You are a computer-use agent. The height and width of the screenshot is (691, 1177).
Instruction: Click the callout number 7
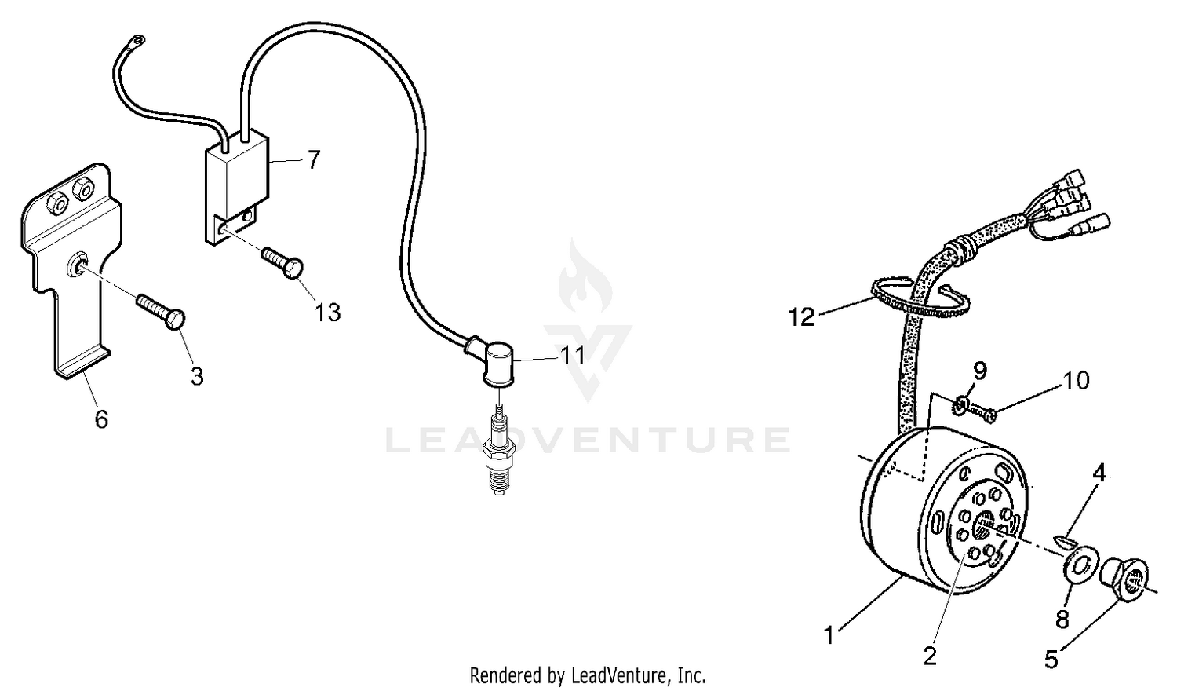click(314, 160)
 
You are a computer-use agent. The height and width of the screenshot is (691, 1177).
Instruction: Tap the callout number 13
click(328, 313)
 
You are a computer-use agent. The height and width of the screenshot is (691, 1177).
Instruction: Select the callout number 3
click(197, 377)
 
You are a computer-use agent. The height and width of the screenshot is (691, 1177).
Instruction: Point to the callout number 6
click(101, 419)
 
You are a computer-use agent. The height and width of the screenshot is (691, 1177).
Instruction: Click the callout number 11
click(573, 355)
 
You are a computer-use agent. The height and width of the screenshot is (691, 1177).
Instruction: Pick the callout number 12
click(803, 317)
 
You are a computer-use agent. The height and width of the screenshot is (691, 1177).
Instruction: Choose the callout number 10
click(1076, 381)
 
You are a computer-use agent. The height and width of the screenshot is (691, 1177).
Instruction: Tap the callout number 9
click(980, 369)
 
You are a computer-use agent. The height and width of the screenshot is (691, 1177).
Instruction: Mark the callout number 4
click(1100, 473)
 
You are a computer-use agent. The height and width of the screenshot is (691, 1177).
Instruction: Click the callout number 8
click(1062, 620)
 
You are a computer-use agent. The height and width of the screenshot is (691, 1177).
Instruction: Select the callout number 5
click(1051, 660)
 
